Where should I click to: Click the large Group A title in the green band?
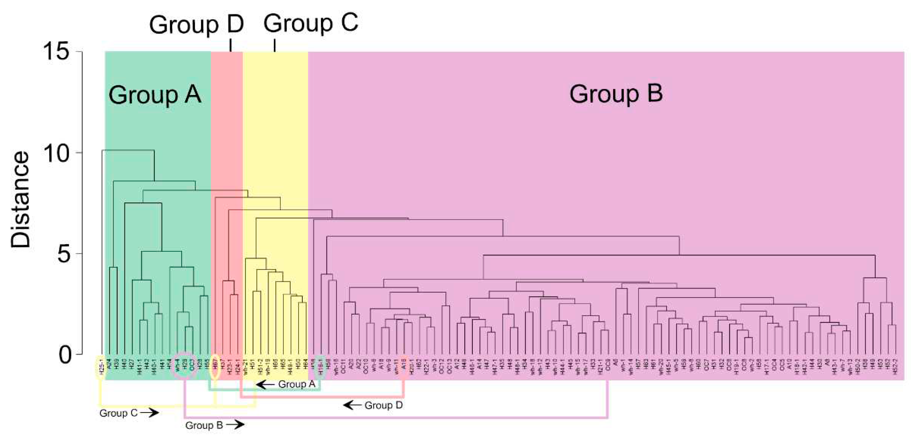pyautogui.click(x=155, y=95)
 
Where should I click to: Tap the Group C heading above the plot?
pyautogui.click(x=310, y=23)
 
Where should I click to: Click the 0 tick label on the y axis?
pyautogui.click(x=65, y=354)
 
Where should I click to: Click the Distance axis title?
pyautogui.click(x=21, y=200)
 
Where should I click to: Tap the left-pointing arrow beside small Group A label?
pyautogui.click(x=265, y=384)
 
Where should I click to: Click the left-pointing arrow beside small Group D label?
pyautogui.click(x=352, y=405)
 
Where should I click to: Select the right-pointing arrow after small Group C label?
pyautogui.click(x=149, y=412)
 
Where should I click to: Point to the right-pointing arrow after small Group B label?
pyautogui.click(x=235, y=425)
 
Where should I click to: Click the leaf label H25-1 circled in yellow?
pyautogui.click(x=101, y=367)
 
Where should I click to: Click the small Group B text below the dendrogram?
pyautogui.click(x=204, y=425)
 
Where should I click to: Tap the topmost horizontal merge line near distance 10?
pyautogui.click(x=128, y=150)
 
